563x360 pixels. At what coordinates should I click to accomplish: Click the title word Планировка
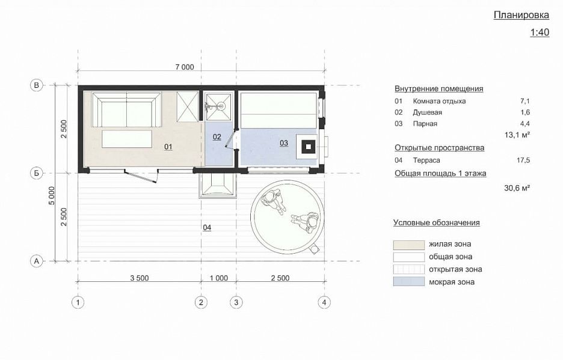521,15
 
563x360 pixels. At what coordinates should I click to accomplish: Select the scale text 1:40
540,32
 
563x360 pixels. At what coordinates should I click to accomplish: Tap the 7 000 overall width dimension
185,67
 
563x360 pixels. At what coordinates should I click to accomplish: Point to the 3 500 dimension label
140,278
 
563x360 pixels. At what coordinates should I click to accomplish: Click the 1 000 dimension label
219,278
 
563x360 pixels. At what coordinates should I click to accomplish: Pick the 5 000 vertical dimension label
52,195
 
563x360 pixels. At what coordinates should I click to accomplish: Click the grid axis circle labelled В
36,85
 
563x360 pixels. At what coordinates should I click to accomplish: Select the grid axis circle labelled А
36,261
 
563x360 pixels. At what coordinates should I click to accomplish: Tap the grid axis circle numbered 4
324,302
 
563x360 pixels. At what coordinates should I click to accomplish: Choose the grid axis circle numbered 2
201,302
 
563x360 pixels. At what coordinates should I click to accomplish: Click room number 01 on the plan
168,147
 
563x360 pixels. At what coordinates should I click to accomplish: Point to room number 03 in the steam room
284,143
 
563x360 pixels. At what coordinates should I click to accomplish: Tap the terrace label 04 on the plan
207,228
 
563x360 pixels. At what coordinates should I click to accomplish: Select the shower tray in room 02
218,106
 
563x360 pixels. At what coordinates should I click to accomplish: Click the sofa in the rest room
126,109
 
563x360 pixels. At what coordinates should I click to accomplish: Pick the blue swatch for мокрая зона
408,281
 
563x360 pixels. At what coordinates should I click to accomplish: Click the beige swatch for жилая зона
408,245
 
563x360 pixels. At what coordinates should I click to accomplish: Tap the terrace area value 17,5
523,160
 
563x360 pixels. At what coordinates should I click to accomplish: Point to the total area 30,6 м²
517,188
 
